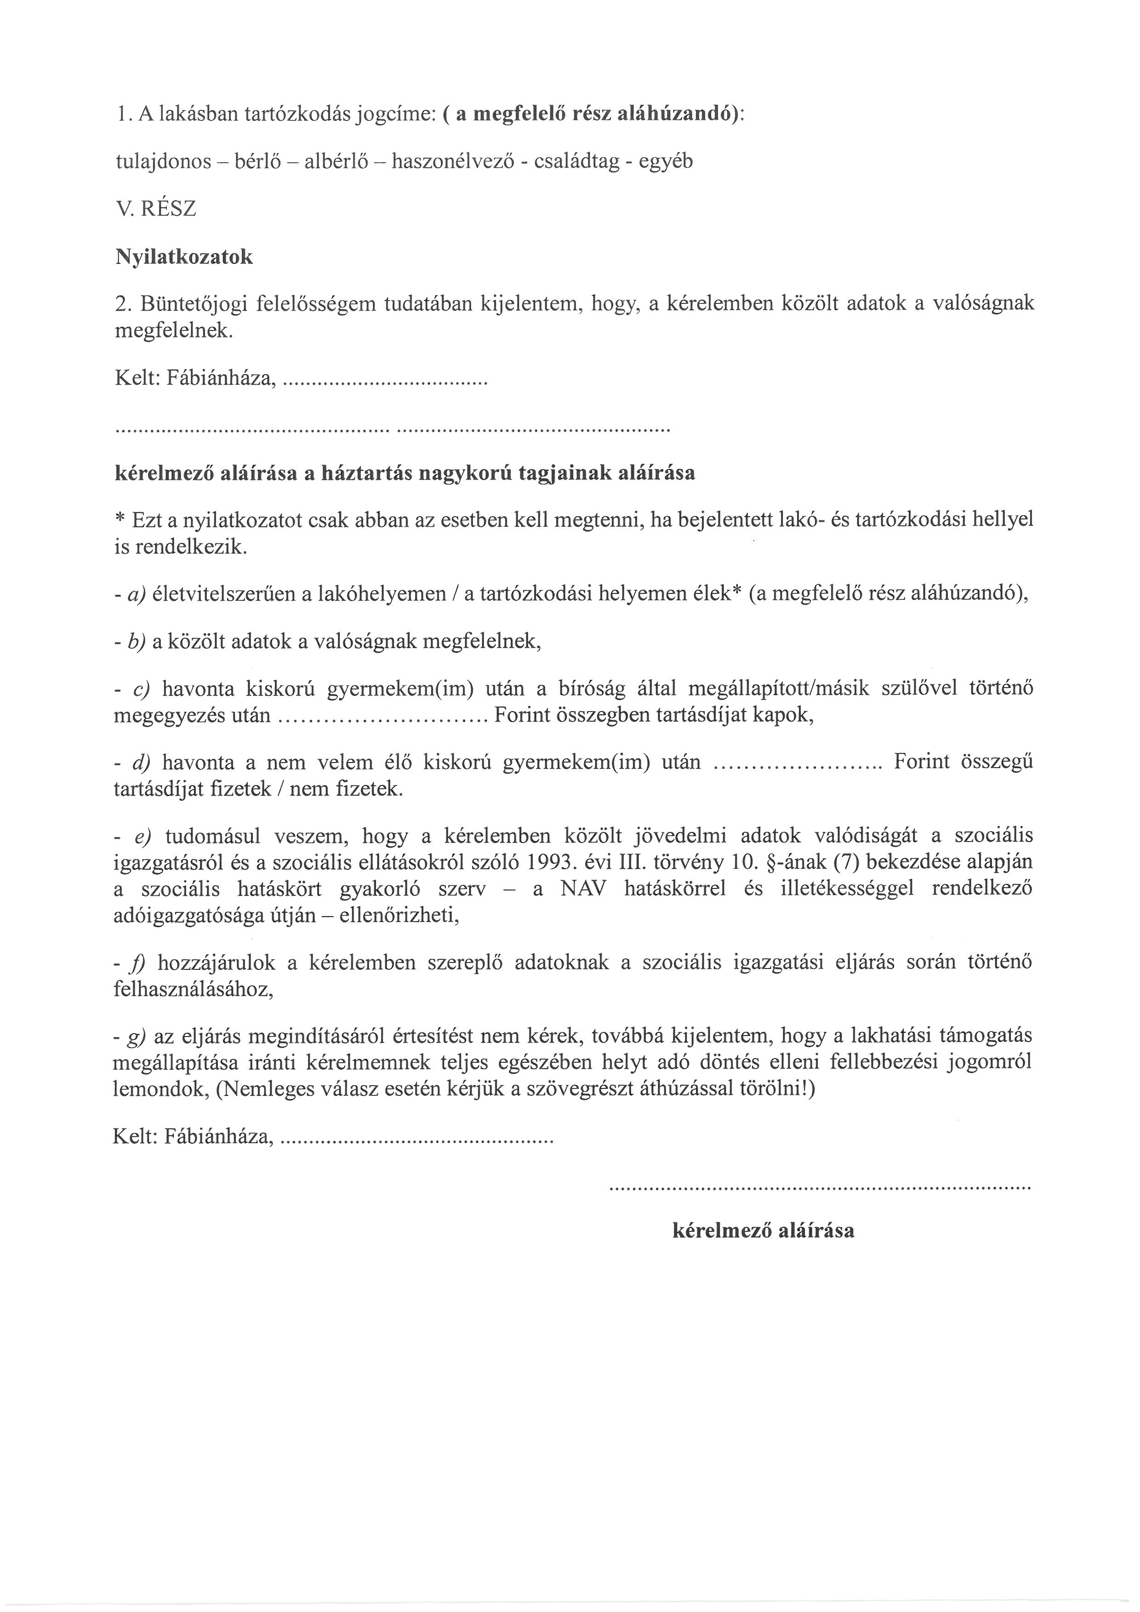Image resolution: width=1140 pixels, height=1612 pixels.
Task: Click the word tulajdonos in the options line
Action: tap(163, 162)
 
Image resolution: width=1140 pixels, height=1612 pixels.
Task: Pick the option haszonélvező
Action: tap(455, 162)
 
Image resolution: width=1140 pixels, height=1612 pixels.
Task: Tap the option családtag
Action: tap(576, 162)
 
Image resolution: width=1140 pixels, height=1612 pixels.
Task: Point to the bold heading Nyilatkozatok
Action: tap(183, 257)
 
